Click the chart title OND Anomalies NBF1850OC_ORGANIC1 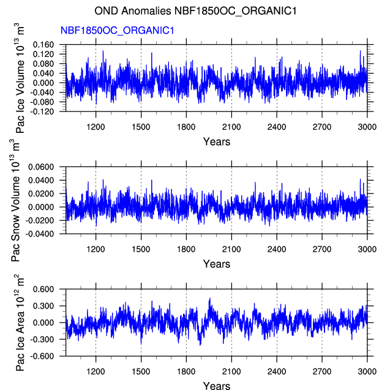pos(195,11)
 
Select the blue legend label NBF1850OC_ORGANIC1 pos(117,31)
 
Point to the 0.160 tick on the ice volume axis pos(43,45)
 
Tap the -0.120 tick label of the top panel pos(42,111)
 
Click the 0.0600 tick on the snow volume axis pos(41,167)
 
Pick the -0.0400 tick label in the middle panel pos(40,234)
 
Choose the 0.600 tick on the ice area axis pos(43,289)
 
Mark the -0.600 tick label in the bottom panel pos(42,356)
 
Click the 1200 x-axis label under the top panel pos(96,127)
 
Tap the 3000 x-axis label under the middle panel pos(367,249)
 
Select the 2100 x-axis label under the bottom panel pos(231,372)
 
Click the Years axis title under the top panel pos(217,142)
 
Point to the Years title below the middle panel pos(217,264)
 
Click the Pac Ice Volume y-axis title pos(20,78)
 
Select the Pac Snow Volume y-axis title pos(15,200)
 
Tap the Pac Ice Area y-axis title pos(20,323)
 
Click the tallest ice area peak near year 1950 pos(210,298)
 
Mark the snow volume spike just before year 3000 pos(360,179)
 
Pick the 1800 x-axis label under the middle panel pos(186,249)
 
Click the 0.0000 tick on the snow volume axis pos(41,207)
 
